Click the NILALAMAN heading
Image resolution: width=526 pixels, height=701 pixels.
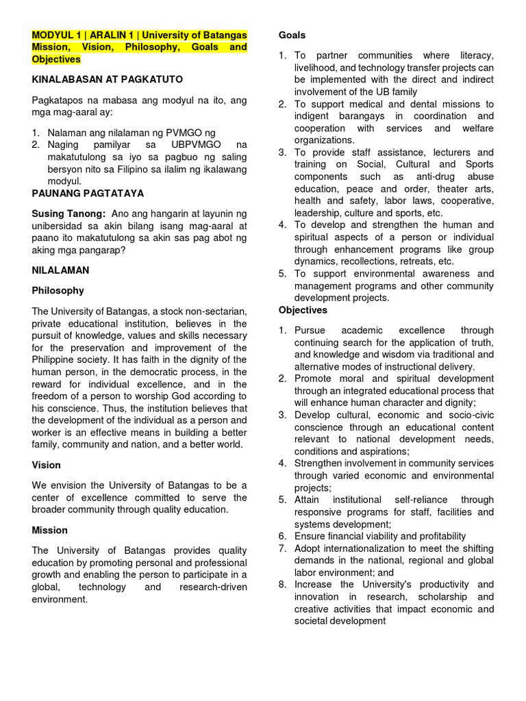tap(60, 270)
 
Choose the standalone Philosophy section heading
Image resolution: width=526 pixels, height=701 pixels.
tap(58, 290)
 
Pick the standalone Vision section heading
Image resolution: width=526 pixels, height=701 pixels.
tap(46, 465)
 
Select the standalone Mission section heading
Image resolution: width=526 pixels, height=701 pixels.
tap(50, 530)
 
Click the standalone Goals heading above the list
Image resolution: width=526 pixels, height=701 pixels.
tap(292, 35)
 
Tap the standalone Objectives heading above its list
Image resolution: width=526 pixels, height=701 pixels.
tap(303, 310)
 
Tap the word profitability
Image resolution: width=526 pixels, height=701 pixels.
tap(435, 536)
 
